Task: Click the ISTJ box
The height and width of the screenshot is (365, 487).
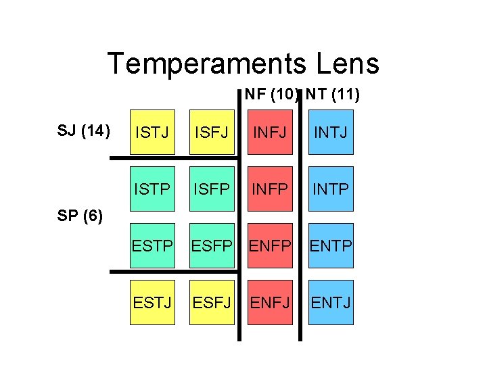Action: (x=152, y=132)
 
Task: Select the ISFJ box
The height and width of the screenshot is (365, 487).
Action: (x=211, y=132)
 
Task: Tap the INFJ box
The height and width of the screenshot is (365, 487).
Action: (x=269, y=132)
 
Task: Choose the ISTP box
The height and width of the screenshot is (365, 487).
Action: (x=152, y=189)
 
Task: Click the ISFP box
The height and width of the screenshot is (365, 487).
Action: (x=211, y=189)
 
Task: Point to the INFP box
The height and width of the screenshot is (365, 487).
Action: (x=269, y=189)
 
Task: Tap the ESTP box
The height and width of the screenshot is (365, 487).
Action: (x=152, y=245)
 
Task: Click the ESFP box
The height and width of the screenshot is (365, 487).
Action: (x=211, y=245)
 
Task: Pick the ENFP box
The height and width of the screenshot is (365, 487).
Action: (x=269, y=245)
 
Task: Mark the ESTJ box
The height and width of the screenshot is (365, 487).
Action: (x=152, y=302)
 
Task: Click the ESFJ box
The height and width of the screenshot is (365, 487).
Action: (x=211, y=302)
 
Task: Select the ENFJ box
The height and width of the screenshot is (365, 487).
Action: (x=269, y=302)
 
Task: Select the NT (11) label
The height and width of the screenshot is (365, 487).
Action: (x=332, y=94)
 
